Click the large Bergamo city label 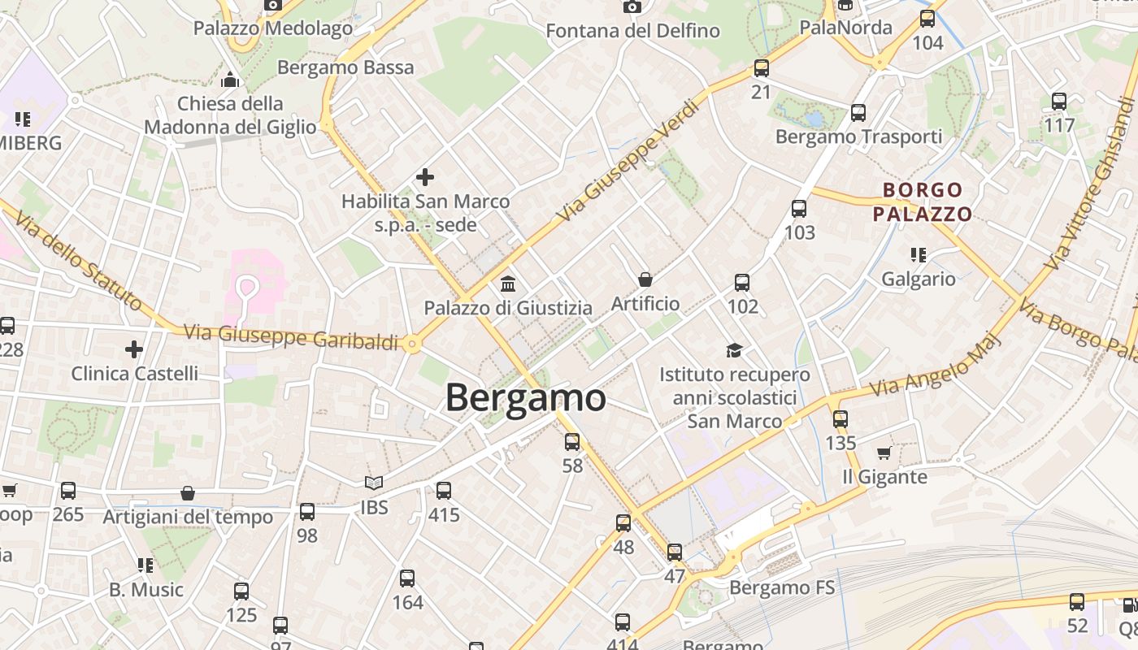pos(526,398)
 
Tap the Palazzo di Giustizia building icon pos(509,284)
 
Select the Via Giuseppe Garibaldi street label pos(291,337)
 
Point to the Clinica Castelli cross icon pos(134,349)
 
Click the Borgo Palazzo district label pos(923,202)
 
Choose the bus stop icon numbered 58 pos(572,442)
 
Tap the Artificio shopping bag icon pos(645,279)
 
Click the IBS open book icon pos(374,483)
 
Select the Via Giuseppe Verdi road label pos(629,161)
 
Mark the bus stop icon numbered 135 pos(840,419)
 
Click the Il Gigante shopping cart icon pos(884,453)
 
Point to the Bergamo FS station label pos(782,587)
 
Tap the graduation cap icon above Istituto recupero pos(735,350)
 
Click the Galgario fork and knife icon pos(919,255)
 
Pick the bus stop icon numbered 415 pos(444,491)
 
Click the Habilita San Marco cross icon pos(425,177)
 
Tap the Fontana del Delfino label pos(632,31)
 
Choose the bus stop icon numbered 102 pos(742,283)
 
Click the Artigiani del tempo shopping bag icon pos(188,493)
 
